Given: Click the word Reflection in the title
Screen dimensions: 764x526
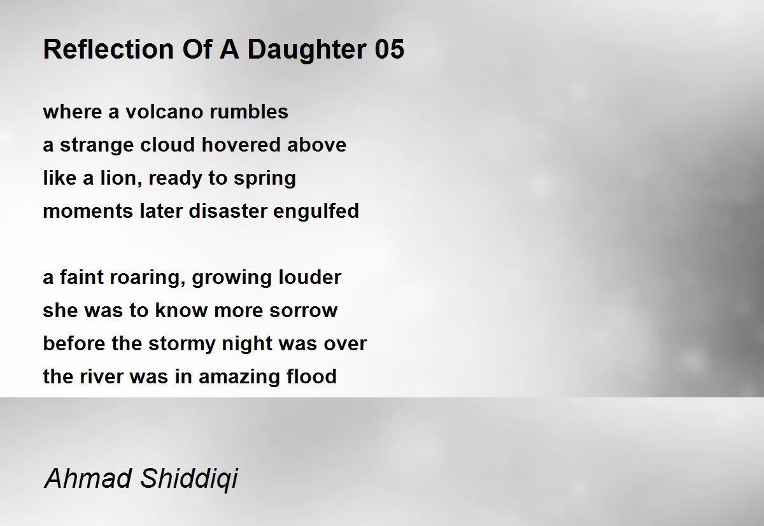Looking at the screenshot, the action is coord(108,49).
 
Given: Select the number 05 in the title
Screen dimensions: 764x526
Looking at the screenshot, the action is coord(390,49).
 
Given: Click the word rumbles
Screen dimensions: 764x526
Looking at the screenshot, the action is coord(249,111).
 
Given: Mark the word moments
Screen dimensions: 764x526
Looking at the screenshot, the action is coord(88,211).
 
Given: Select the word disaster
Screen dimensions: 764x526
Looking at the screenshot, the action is coord(227,211).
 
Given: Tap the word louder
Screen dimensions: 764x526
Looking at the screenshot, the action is coord(309,277).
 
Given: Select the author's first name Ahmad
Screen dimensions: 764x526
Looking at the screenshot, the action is coord(88,478).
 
